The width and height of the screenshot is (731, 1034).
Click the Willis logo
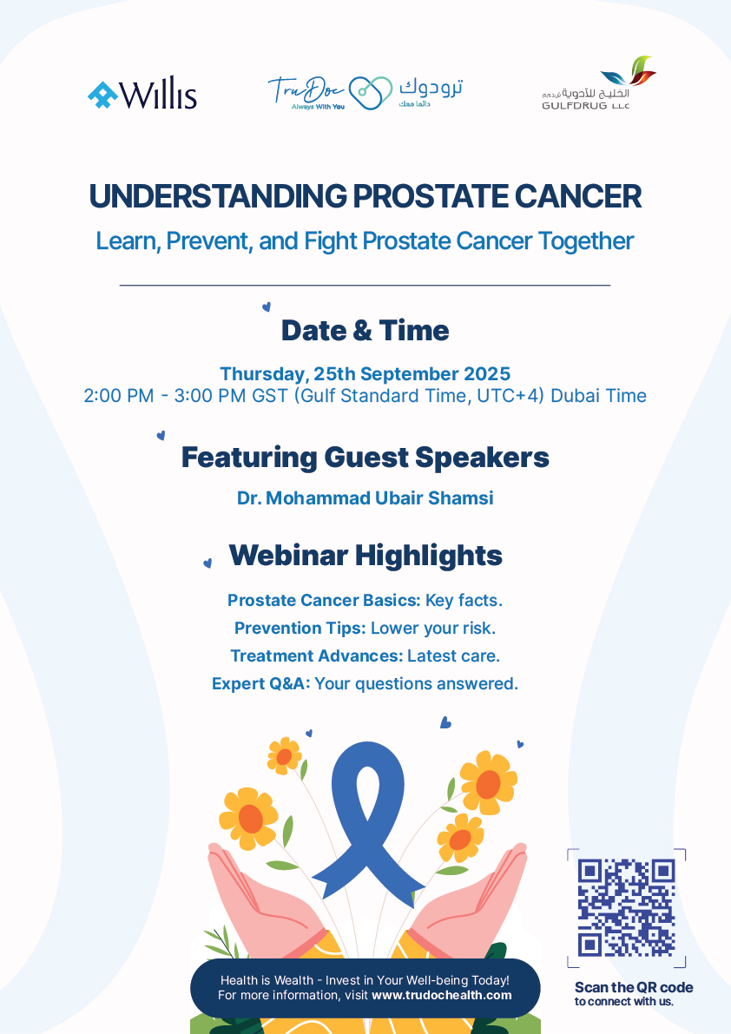pyautogui.click(x=142, y=95)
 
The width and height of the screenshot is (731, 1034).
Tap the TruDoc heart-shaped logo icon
pyautogui.click(x=371, y=92)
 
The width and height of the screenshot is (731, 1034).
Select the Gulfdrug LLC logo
pyautogui.click(x=598, y=83)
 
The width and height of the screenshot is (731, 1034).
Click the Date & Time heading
pyautogui.click(x=365, y=331)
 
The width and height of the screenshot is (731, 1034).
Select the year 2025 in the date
pyautogui.click(x=487, y=374)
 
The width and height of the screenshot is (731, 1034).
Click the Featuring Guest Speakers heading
pyautogui.click(x=365, y=458)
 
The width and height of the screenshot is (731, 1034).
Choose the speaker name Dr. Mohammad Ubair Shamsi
pyautogui.click(x=365, y=497)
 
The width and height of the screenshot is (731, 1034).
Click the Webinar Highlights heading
pyautogui.click(x=365, y=556)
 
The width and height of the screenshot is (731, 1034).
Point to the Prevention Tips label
pyautogui.click(x=300, y=629)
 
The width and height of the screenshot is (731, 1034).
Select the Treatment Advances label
pyautogui.click(x=316, y=656)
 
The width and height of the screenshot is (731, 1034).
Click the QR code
pyautogui.click(x=626, y=908)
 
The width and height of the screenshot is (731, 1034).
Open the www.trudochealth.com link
pyautogui.click(x=442, y=995)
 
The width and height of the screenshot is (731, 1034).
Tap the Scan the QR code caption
pyautogui.click(x=634, y=987)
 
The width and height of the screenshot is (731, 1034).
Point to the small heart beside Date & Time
pyautogui.click(x=267, y=306)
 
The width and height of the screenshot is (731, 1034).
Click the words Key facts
pyautogui.click(x=464, y=601)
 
